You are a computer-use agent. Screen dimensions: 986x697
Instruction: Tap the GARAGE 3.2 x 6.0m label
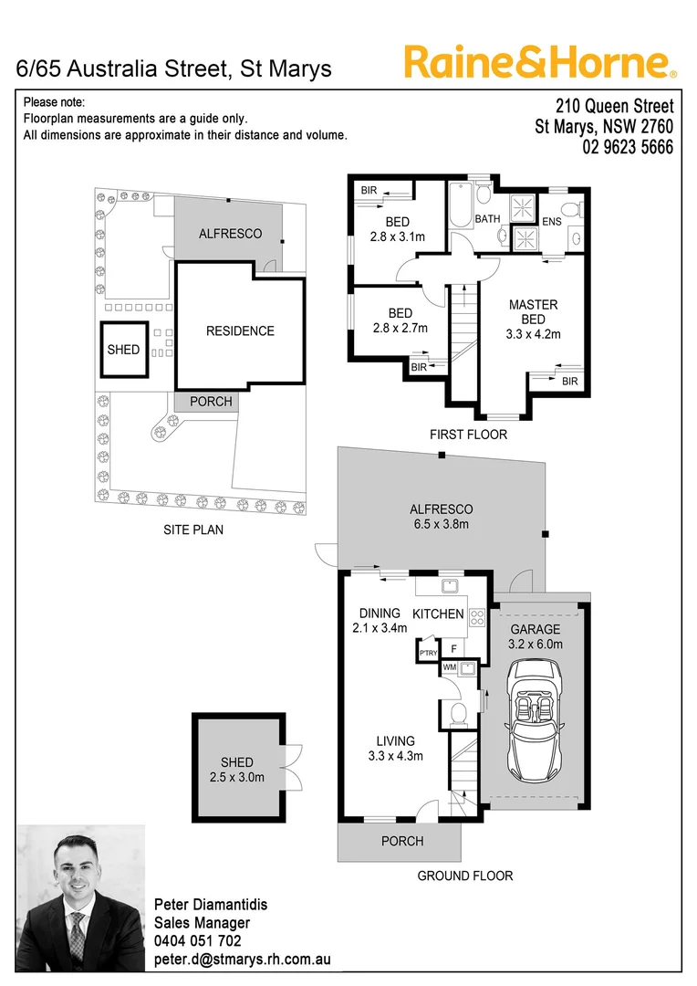[536, 636]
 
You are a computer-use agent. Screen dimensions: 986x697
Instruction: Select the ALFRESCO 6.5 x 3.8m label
[441, 517]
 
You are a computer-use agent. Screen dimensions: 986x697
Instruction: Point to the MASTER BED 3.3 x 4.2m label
[533, 320]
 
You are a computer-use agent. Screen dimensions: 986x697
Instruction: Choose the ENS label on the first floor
[552, 221]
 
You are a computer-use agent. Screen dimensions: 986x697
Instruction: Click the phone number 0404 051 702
[198, 941]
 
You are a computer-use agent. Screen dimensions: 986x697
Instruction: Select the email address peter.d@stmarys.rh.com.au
[242, 960]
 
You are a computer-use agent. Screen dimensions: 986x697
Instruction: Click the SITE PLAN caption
[193, 530]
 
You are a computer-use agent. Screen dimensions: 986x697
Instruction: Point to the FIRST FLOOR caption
[468, 435]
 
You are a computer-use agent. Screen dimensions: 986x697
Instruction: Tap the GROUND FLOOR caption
[464, 876]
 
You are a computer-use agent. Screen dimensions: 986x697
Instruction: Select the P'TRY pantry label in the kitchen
[427, 654]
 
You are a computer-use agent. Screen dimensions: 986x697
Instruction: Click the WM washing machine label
[449, 667]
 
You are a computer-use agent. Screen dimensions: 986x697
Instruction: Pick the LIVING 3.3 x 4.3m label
[395, 749]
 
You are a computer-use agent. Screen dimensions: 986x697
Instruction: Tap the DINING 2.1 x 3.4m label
[380, 621]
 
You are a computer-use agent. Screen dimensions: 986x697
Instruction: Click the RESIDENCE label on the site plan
[239, 331]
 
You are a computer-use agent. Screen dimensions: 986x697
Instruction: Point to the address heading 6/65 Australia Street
[174, 68]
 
